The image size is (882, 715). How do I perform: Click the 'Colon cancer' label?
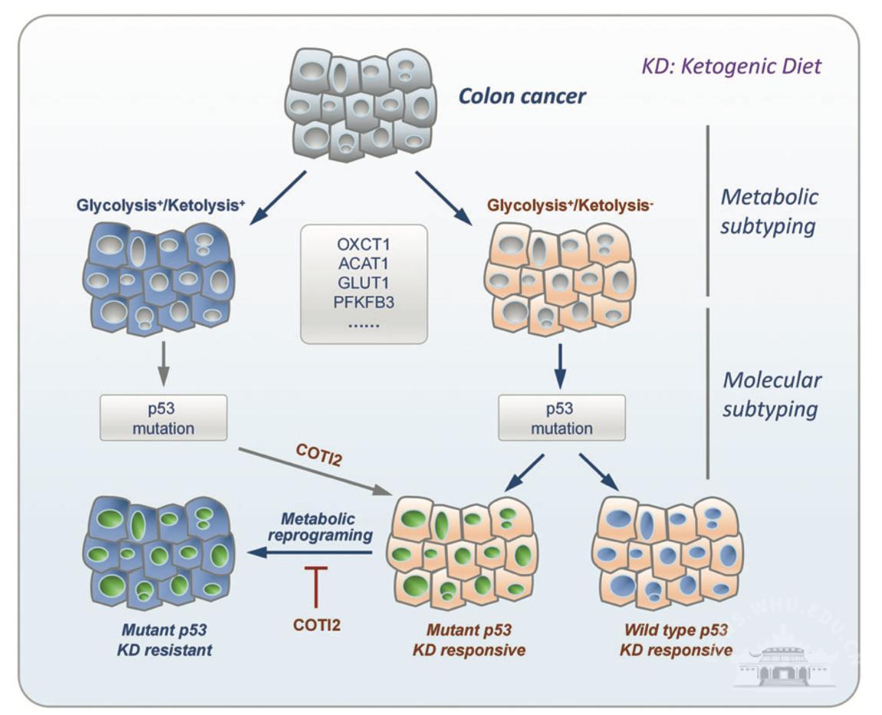click(522, 97)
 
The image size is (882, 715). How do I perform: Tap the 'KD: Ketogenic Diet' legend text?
click(731, 66)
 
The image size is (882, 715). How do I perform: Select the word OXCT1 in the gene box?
click(364, 245)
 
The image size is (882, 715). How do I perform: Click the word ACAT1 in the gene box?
click(364, 264)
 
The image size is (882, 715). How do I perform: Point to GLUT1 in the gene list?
click(364, 282)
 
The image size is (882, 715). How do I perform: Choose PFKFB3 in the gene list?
click(364, 300)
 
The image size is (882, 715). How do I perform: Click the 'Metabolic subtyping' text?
click(769, 212)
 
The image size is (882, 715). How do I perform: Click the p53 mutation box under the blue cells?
click(163, 418)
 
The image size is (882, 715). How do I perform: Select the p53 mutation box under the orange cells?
click(561, 418)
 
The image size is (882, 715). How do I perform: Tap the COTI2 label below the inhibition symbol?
click(316, 625)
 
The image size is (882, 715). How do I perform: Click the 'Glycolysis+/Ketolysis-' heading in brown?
click(570, 206)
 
